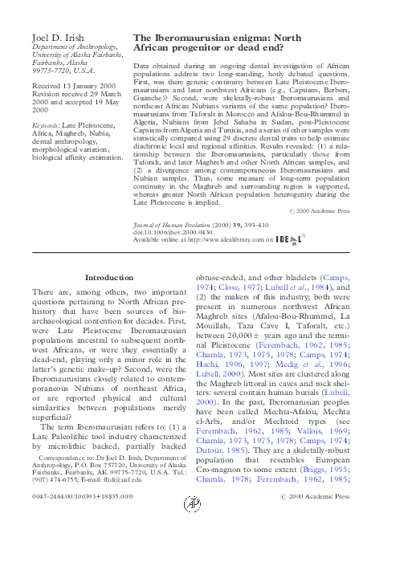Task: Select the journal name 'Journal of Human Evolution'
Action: tap(178, 226)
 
